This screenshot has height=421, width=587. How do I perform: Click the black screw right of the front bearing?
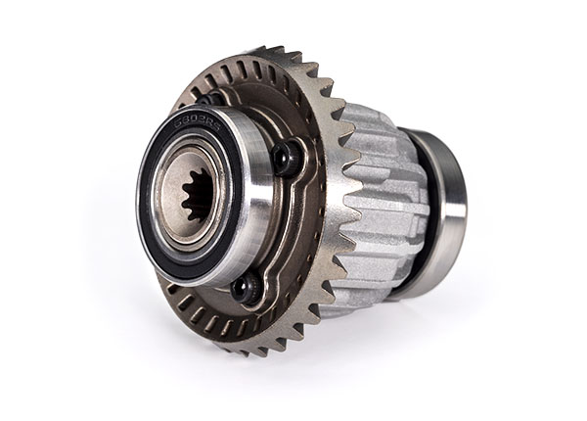pyautogui.click(x=285, y=157)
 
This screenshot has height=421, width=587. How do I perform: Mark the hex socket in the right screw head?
pyautogui.click(x=285, y=157)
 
